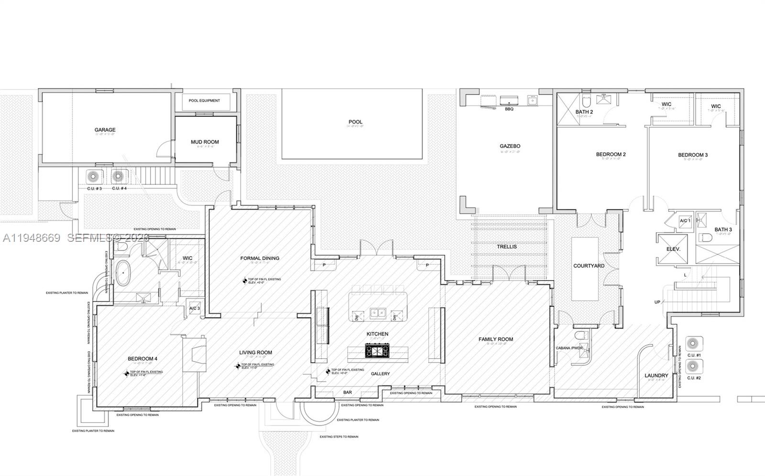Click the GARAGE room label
click(105, 130)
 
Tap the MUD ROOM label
click(205, 142)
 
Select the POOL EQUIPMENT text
click(204, 101)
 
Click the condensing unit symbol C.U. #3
click(93, 177)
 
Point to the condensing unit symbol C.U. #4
click(118, 177)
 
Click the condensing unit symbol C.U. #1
click(693, 343)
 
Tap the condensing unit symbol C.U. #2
click(693, 366)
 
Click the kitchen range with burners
click(378, 351)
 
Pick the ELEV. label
click(673, 249)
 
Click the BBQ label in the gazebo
click(509, 109)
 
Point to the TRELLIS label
click(507, 247)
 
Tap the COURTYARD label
click(589, 266)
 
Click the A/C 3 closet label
click(195, 308)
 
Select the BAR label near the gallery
click(348, 392)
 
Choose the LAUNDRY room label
click(656, 375)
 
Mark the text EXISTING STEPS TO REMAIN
click(339, 437)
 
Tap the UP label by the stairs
click(657, 302)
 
